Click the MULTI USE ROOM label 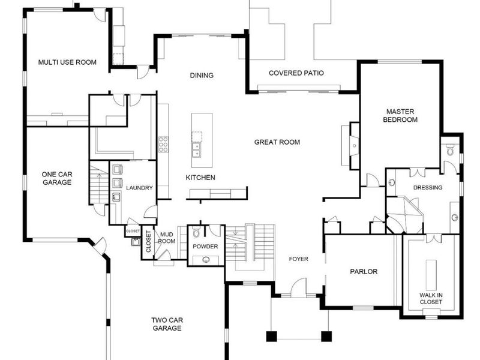click(x=67, y=62)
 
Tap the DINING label click(x=202, y=76)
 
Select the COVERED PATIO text click(x=296, y=73)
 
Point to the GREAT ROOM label click(x=277, y=142)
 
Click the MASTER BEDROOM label click(x=400, y=115)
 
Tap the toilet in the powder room click(x=196, y=233)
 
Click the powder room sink click(x=206, y=260)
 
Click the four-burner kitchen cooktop click(x=163, y=145)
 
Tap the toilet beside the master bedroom click(x=450, y=150)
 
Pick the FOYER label click(x=298, y=259)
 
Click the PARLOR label click(x=364, y=272)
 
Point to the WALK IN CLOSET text click(x=431, y=298)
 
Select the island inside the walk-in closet click(x=431, y=275)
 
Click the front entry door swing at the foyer click(x=298, y=287)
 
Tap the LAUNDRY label click(x=139, y=188)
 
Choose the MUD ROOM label click(x=167, y=238)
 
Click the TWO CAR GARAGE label click(x=167, y=324)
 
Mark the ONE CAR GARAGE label click(x=57, y=178)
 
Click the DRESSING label click(x=428, y=187)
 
